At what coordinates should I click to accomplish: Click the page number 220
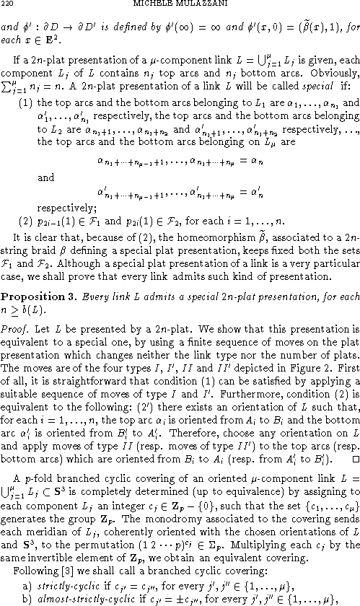click(x=8, y=6)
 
